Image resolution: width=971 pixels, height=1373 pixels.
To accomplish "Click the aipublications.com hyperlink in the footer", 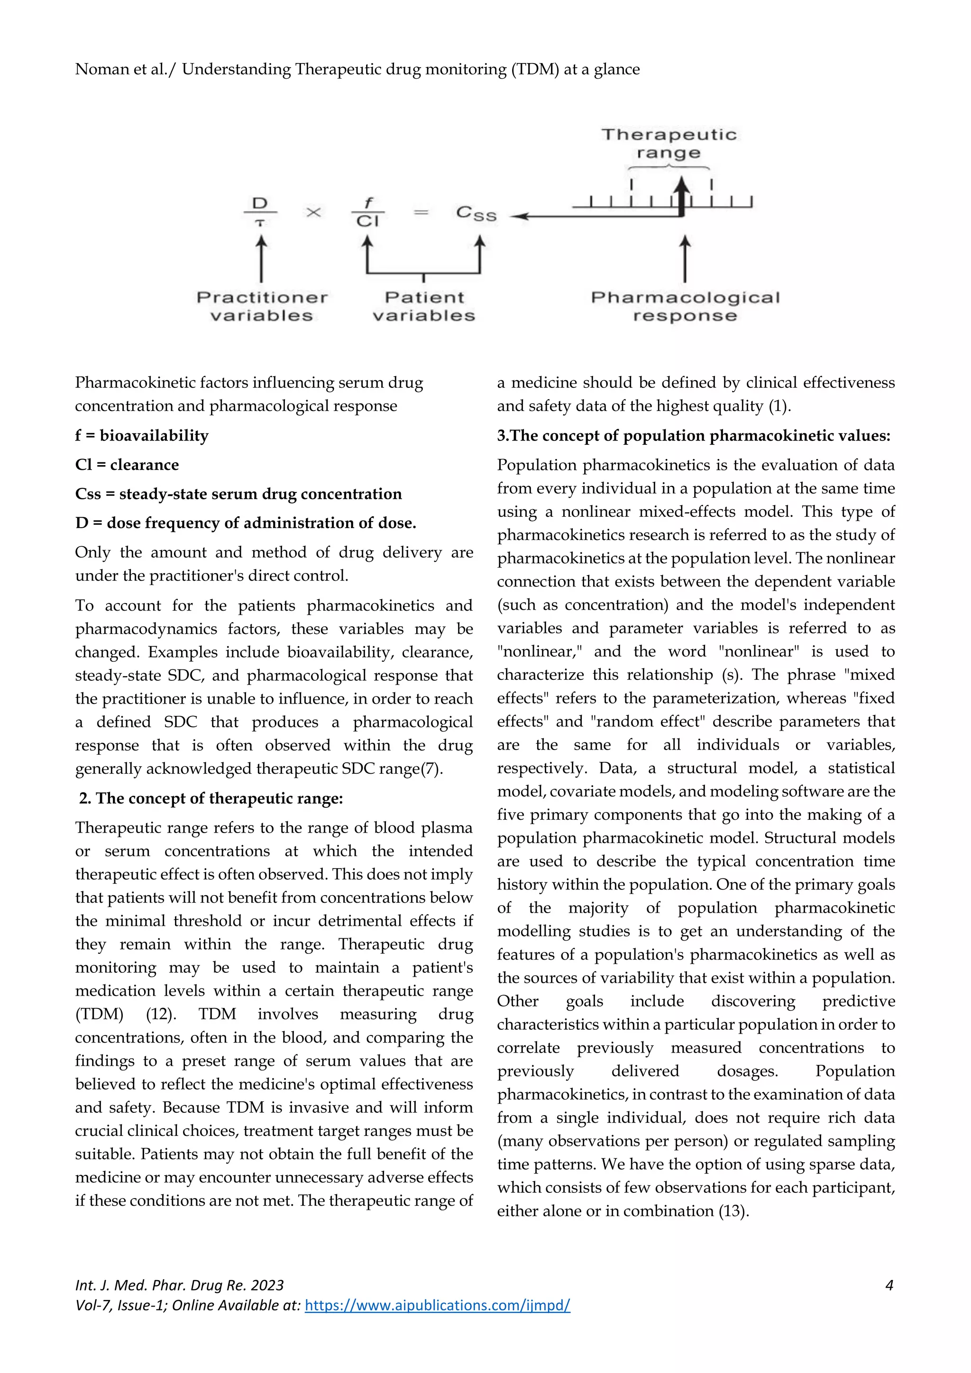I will tap(437, 1305).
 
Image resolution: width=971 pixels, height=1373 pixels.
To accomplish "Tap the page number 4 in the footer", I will tap(889, 1285).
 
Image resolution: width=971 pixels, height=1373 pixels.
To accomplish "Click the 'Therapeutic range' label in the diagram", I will tap(669, 144).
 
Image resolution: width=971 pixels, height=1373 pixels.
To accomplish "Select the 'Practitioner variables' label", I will tap(262, 306).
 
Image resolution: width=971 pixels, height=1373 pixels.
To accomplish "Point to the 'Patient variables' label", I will tap(424, 306).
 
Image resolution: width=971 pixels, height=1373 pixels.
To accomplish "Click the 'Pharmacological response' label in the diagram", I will tap(685, 306).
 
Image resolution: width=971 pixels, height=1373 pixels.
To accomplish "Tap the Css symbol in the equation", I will tap(476, 213).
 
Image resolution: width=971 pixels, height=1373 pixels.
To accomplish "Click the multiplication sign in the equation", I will tap(313, 212).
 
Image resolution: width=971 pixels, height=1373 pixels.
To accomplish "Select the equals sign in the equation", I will tap(421, 212).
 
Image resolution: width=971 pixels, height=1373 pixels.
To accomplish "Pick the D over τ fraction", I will tap(260, 212).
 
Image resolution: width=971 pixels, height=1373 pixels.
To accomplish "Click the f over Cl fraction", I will tap(368, 212).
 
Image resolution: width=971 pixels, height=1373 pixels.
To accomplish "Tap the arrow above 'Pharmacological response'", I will tap(685, 258).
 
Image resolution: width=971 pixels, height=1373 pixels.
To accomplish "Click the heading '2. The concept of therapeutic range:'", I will tap(211, 798).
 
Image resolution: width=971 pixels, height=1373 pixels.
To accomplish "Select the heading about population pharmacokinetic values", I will tap(694, 435).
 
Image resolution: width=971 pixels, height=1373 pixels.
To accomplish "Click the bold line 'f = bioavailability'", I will tap(142, 435).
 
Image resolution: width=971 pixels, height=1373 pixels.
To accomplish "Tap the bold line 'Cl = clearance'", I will tap(127, 465).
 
